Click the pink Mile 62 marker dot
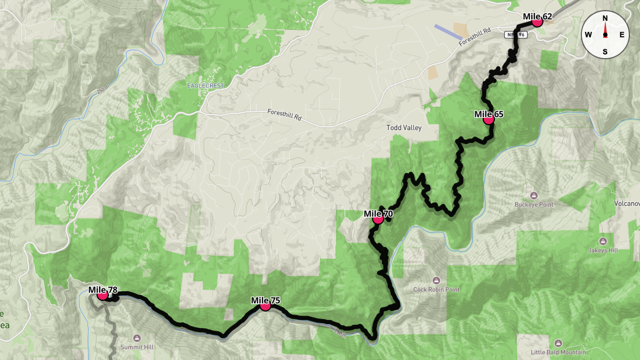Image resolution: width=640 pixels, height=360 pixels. click(x=537, y=22)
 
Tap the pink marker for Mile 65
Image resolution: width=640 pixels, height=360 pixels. click(x=489, y=120)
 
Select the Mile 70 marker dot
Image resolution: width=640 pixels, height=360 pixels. click(x=378, y=219)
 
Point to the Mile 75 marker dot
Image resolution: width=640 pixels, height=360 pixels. click(x=265, y=306)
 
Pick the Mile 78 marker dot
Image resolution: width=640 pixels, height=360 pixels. click(x=102, y=295)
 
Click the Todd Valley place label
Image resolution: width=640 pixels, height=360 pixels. click(x=404, y=128)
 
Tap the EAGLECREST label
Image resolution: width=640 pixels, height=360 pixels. click(x=206, y=86)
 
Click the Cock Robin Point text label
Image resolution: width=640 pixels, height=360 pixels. click(x=436, y=290)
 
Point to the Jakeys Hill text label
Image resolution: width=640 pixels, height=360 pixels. click(x=603, y=250)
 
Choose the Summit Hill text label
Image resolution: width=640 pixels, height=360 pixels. click(x=137, y=347)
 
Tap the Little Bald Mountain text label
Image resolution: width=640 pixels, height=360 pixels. click(x=558, y=352)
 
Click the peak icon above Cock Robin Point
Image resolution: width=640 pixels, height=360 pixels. click(x=436, y=281)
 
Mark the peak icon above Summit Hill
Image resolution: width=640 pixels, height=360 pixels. click(x=137, y=338)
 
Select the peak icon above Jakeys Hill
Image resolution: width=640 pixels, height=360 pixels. click(x=603, y=241)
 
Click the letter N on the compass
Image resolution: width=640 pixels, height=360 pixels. click(x=605, y=18)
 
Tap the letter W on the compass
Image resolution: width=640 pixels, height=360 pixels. click(x=588, y=35)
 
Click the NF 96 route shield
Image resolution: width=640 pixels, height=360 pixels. click(x=516, y=35)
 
